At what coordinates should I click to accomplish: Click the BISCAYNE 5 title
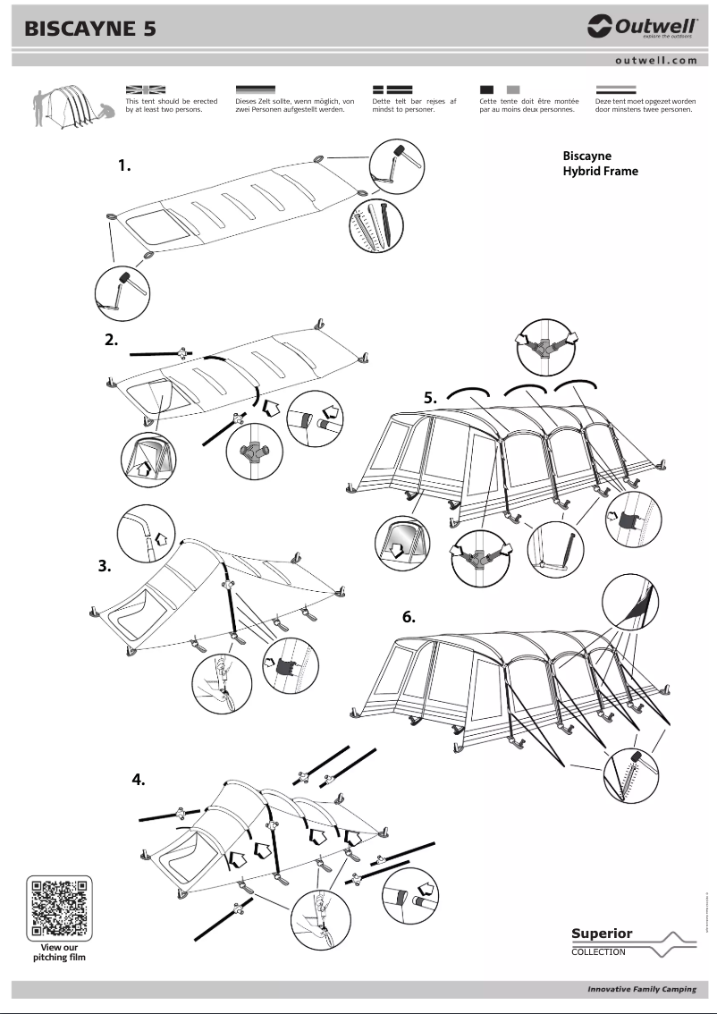click(91, 29)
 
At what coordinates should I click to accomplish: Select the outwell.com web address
click(655, 61)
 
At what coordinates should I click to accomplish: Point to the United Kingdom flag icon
click(147, 90)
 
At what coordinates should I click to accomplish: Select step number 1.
click(124, 165)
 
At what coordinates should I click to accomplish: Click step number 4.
click(139, 779)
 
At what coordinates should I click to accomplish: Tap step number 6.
click(409, 616)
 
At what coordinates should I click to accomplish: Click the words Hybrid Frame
click(600, 171)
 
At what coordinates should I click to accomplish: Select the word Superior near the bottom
click(602, 934)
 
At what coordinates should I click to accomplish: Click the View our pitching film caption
click(61, 951)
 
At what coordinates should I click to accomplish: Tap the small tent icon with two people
click(70, 106)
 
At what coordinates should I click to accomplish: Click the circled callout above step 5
click(544, 346)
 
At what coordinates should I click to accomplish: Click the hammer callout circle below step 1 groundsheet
click(122, 291)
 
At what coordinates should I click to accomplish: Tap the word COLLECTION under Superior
click(599, 952)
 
